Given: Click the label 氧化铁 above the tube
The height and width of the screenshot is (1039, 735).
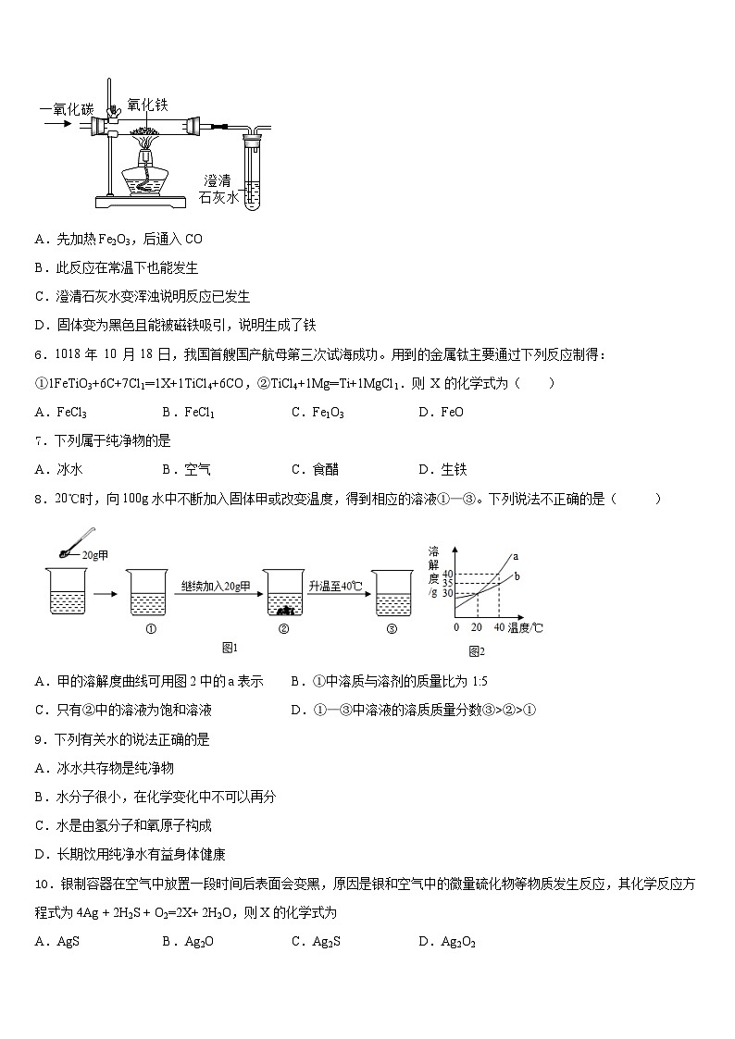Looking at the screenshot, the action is pos(148,105).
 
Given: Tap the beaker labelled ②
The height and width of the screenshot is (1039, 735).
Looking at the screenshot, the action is pos(284,592).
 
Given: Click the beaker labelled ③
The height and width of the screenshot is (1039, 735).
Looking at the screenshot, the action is pos(392,592).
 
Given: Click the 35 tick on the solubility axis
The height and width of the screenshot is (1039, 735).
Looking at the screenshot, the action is pos(448,583).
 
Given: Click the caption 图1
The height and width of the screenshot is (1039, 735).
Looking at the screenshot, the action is pos(230,647).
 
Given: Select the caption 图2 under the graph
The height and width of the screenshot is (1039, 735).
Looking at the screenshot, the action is pos(477,651).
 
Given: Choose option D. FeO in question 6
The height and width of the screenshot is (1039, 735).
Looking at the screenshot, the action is pos(441,413).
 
